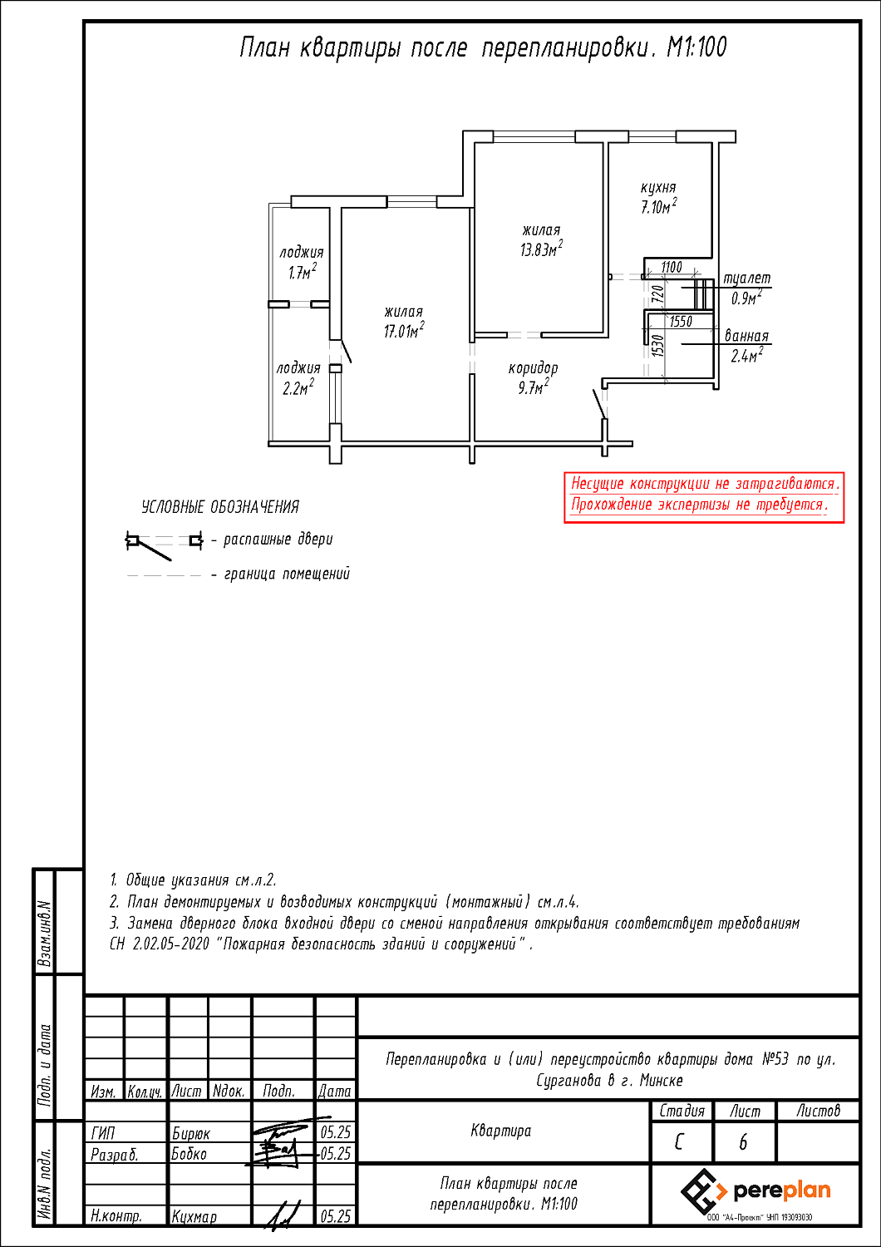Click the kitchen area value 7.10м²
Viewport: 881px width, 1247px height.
tap(659, 206)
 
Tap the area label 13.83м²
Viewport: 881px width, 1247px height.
tap(541, 249)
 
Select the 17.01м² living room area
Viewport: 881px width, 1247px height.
tap(403, 330)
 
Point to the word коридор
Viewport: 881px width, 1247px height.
tap(533, 368)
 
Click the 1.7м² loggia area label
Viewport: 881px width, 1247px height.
tap(303, 272)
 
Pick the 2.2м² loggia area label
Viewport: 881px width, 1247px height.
tap(298, 387)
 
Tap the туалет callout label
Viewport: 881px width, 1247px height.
tap(747, 278)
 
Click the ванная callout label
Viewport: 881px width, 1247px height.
tap(746, 336)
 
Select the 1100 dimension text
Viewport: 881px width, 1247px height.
tap(672, 267)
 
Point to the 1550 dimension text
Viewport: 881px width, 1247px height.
tap(681, 321)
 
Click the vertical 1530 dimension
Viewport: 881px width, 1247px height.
tap(657, 345)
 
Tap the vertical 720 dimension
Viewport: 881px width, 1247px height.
tap(657, 293)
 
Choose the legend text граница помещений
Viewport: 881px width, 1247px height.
tap(287, 574)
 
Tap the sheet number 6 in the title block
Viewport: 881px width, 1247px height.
tap(743, 1142)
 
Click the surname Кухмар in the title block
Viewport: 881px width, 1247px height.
tap(194, 1216)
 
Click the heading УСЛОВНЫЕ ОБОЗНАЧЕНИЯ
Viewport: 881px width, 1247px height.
tap(220, 507)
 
